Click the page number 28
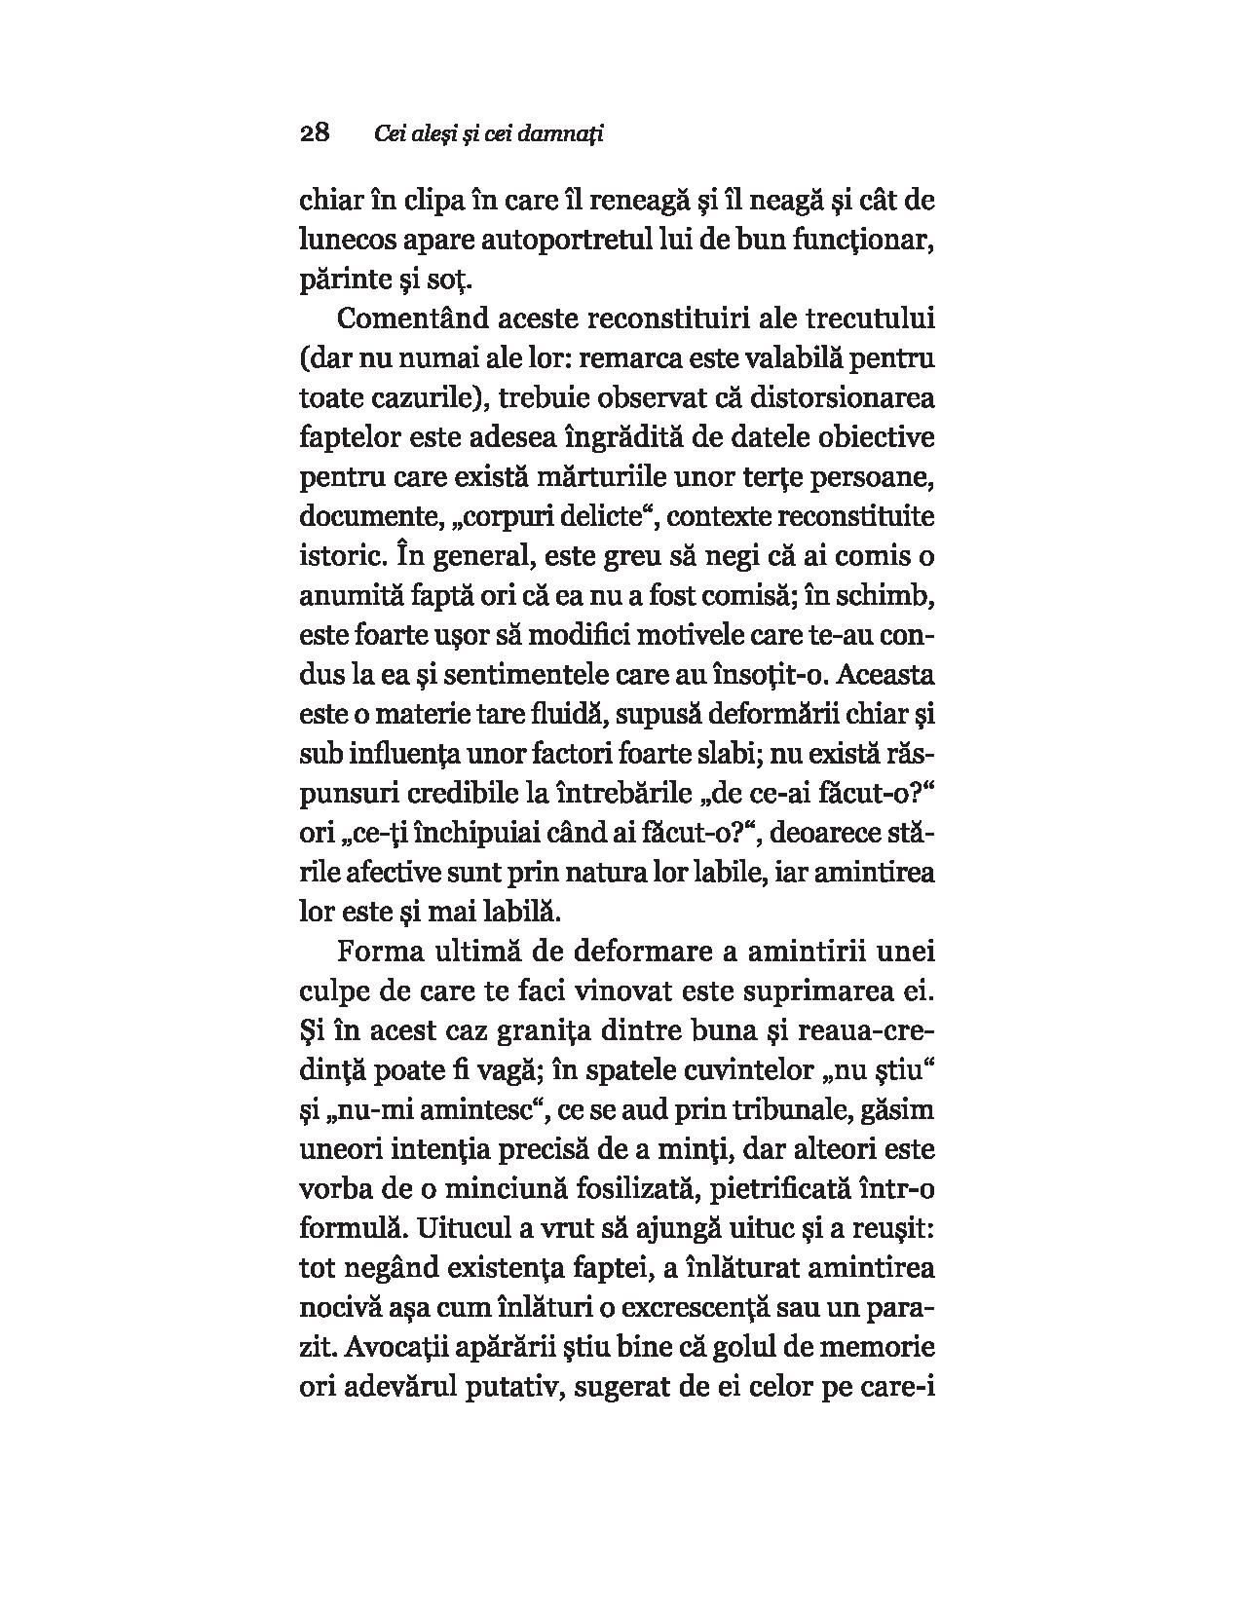315,133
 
